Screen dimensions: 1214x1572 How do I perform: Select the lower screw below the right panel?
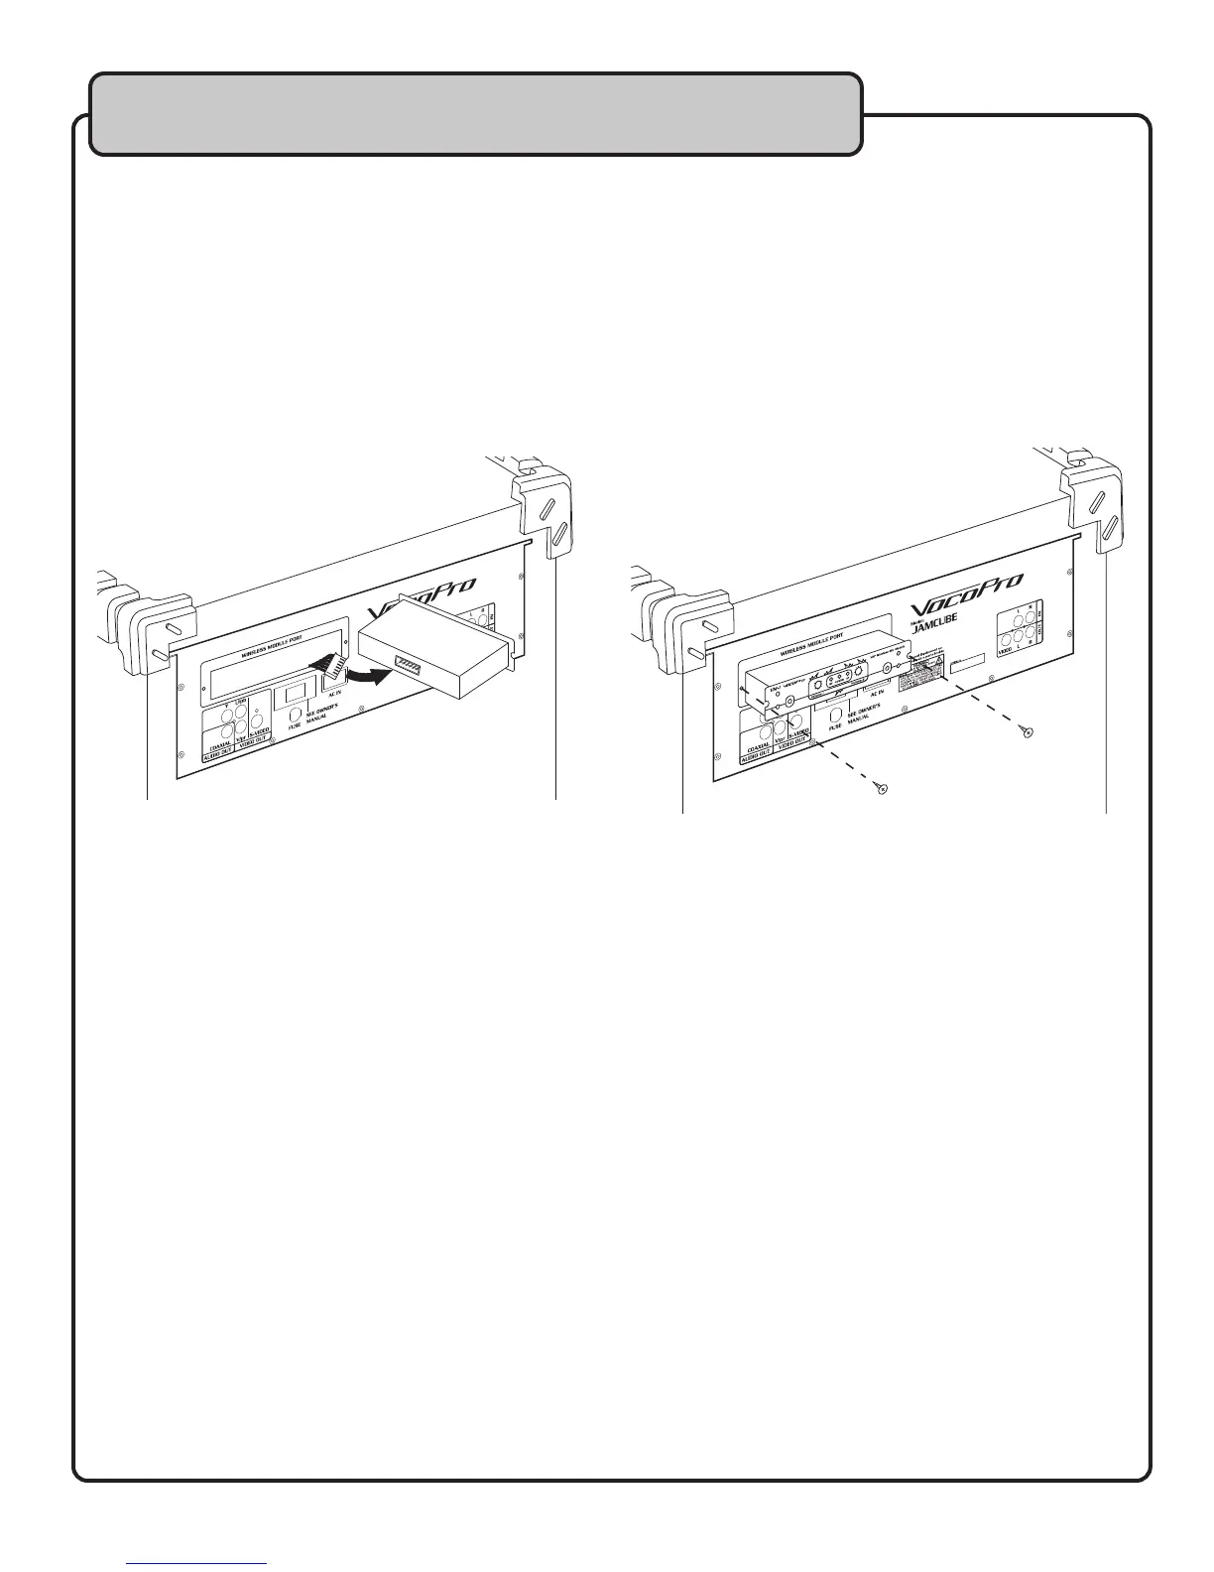(881, 788)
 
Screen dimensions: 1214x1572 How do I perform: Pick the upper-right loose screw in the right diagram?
(1028, 732)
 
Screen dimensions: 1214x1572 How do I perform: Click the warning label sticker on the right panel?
(920, 678)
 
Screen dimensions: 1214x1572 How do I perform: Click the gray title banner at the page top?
(475, 114)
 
